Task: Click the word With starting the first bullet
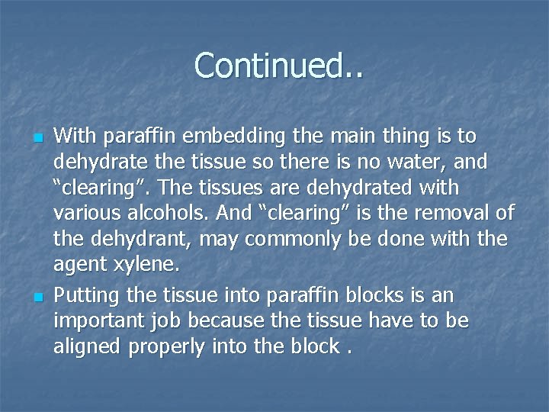75,137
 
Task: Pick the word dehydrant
143,240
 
